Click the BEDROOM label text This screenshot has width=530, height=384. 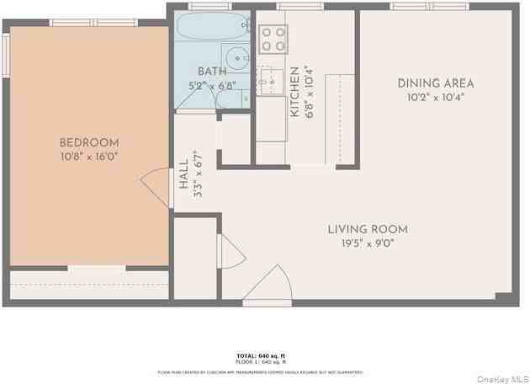tap(88, 143)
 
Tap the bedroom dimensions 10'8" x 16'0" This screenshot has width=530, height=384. tap(88, 157)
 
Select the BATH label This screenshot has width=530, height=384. tap(212, 72)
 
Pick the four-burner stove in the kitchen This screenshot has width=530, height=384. tap(273, 39)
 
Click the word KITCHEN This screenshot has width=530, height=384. tap(295, 91)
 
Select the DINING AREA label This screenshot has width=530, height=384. tap(435, 83)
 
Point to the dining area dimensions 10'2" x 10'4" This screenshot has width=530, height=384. tap(435, 97)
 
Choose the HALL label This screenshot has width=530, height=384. tap(183, 173)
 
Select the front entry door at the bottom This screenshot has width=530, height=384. tap(268, 286)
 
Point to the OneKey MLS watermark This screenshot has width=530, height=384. tap(501, 379)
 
